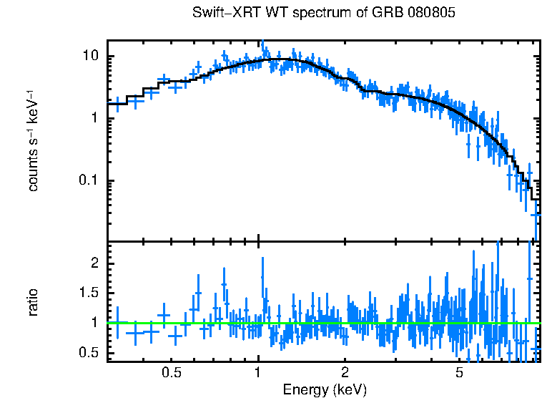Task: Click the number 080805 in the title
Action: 430,13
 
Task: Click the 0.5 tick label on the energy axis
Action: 171,373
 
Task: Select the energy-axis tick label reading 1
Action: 258,373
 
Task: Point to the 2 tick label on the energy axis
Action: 345,373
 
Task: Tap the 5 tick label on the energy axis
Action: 459,373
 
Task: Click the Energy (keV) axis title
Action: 325,389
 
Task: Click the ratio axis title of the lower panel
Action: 33,302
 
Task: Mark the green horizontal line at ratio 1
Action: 322,324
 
